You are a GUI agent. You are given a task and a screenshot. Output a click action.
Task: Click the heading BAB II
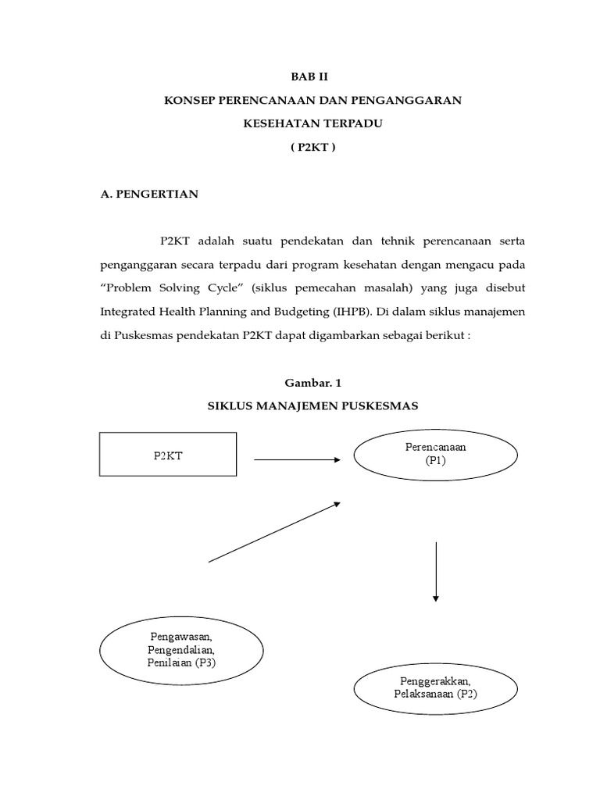coord(312,77)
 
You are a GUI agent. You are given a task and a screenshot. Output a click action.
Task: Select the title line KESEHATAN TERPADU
coord(312,124)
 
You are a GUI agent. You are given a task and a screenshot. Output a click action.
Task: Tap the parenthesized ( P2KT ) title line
coord(312,148)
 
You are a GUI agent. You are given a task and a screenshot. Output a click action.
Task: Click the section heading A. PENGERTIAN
coord(149,195)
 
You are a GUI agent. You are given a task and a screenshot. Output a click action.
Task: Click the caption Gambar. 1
coord(312,383)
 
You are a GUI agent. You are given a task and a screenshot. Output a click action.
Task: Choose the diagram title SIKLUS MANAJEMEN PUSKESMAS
coord(312,406)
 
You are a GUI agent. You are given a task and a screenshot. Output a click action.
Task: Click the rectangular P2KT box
coord(168,455)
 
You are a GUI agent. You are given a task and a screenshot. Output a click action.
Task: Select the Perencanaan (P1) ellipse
coord(435,454)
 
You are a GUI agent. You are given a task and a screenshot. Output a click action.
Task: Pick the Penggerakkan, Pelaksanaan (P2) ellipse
coord(435,687)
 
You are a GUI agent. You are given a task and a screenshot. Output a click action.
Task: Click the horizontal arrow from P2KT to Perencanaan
coord(297,459)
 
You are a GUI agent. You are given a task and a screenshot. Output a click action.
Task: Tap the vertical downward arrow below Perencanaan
coord(435,571)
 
